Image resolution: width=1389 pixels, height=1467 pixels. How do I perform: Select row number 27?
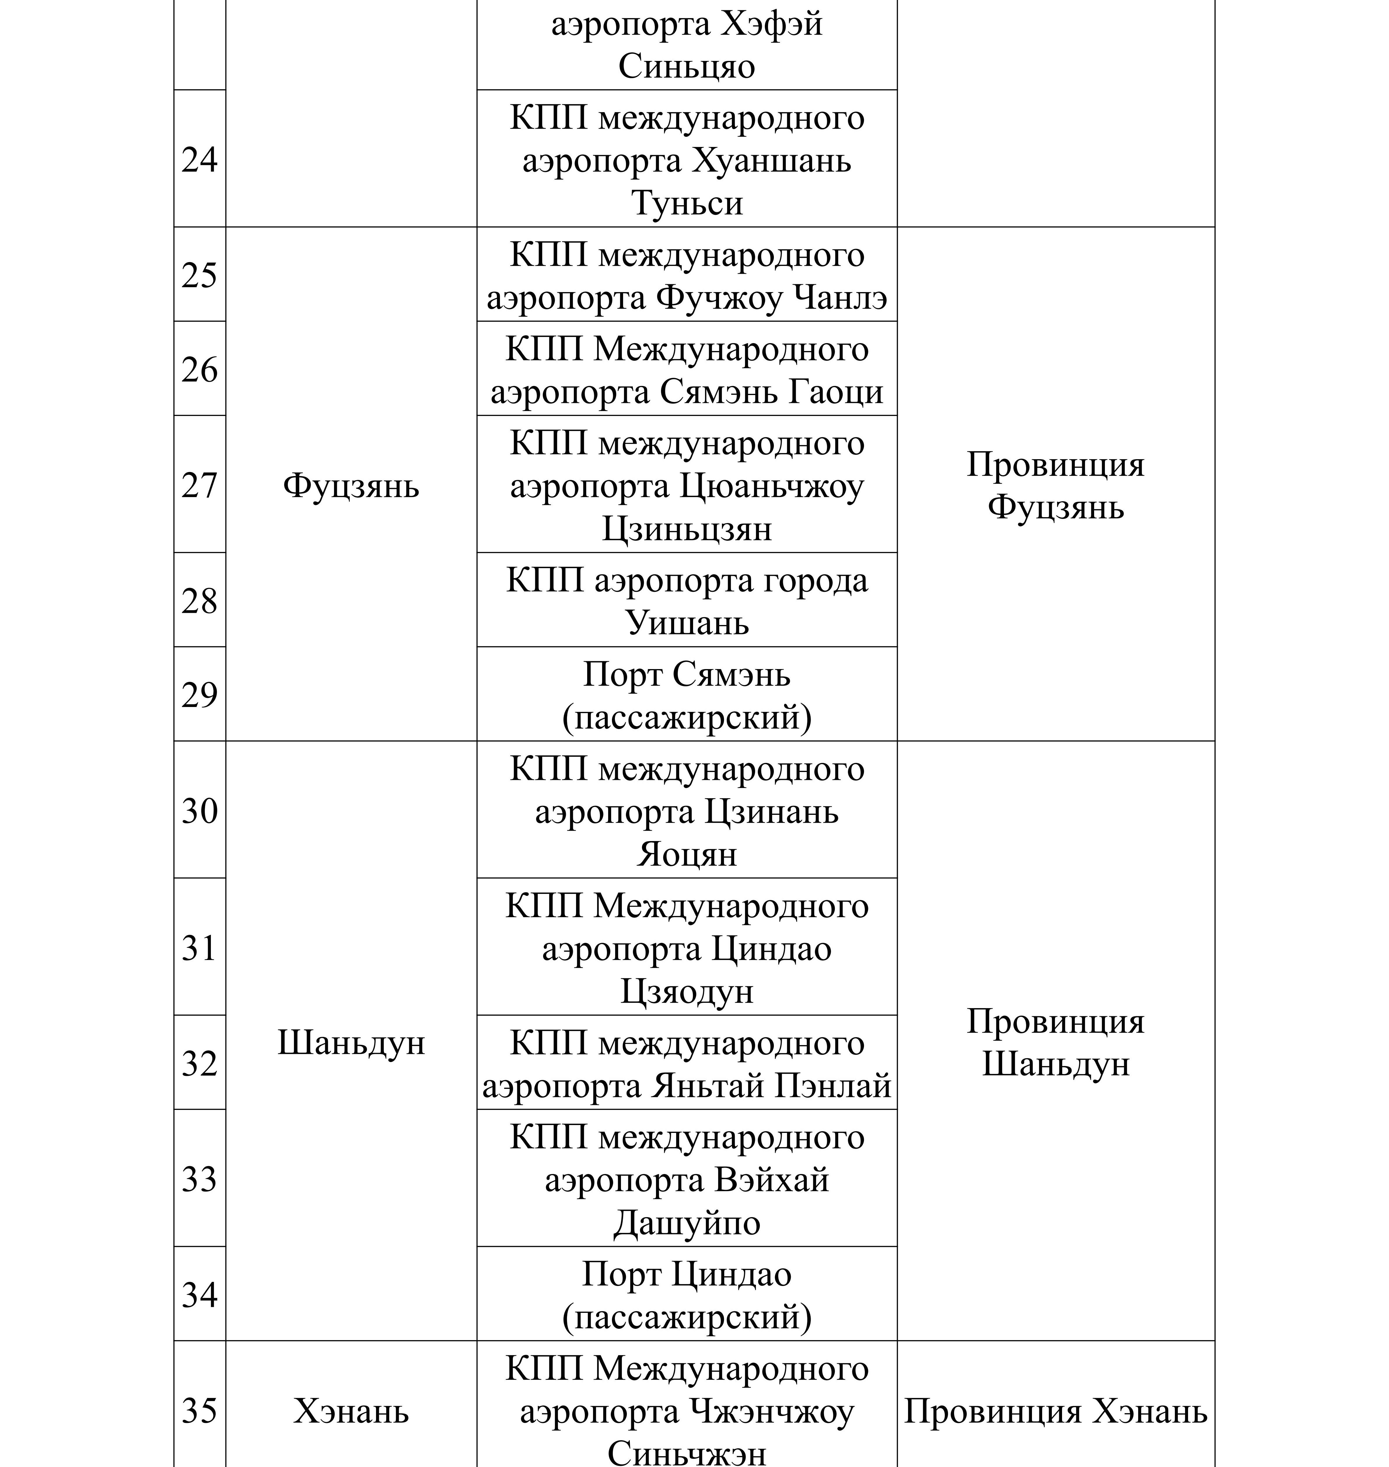pos(199,485)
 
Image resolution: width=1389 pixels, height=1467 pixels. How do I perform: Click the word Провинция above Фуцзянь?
pos(1055,465)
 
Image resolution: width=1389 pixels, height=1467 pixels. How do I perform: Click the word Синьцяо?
pos(686,66)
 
